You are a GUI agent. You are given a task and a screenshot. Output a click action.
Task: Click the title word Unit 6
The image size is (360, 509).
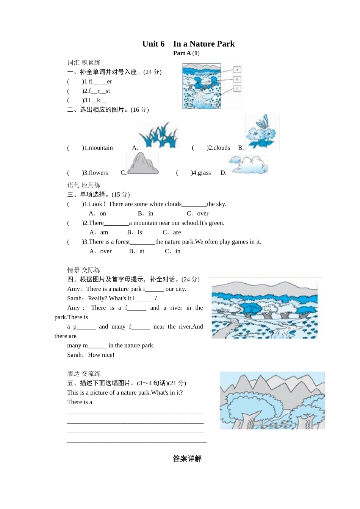(153, 44)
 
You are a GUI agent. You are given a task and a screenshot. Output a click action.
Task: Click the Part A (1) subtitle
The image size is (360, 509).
(186, 53)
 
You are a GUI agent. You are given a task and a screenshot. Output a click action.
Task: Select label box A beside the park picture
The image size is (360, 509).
(237, 70)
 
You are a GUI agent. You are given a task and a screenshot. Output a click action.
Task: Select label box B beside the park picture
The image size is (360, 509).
(237, 79)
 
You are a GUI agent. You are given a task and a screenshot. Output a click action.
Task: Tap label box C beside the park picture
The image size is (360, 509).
(237, 89)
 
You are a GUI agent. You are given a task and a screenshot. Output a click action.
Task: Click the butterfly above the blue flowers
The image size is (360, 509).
(262, 122)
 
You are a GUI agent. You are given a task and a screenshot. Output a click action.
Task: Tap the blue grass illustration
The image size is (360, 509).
(158, 135)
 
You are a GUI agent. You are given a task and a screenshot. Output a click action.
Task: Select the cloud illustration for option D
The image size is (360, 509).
(249, 165)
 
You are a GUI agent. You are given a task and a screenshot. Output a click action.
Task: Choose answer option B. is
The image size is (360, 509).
(135, 232)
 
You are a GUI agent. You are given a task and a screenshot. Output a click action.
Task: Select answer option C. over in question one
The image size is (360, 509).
(197, 214)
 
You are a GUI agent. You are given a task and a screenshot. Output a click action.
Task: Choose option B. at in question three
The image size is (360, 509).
(136, 251)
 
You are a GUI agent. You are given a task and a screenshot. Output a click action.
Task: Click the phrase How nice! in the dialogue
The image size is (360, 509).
(101, 355)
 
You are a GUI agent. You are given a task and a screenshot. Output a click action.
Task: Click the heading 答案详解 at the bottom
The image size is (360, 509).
(187, 459)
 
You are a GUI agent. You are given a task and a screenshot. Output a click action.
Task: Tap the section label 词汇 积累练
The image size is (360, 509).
(84, 62)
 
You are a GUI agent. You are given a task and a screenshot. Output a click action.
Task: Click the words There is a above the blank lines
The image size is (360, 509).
(80, 402)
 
